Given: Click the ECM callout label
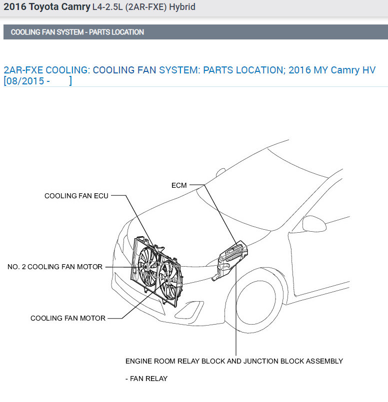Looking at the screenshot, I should (179, 185).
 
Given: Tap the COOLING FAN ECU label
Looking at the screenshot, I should (76, 196).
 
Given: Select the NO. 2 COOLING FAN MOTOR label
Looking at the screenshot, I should (55, 267).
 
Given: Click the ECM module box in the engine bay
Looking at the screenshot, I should (233, 254).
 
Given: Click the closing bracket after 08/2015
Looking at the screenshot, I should (70, 81).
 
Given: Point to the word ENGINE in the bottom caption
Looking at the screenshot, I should (139, 361).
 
